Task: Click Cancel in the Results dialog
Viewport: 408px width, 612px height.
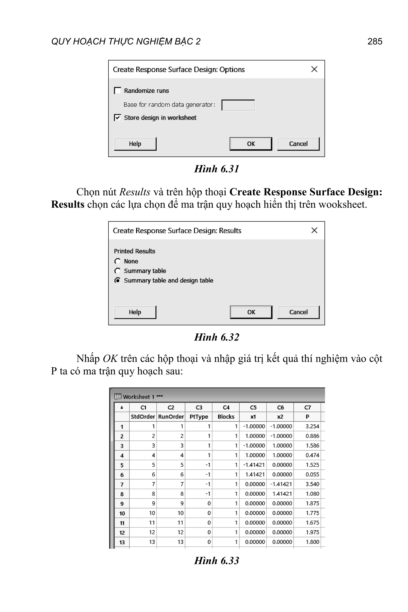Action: point(298,312)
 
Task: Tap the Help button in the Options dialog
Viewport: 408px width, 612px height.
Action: point(135,144)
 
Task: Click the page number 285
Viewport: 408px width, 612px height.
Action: point(375,41)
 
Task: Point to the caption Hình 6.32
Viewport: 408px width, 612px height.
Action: point(217,337)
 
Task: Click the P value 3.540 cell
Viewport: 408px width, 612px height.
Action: point(312,484)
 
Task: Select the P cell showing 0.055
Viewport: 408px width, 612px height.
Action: point(312,474)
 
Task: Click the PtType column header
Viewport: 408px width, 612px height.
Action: point(199,417)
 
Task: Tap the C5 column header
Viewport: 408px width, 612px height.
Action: point(253,407)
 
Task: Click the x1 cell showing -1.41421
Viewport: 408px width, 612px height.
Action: point(254,465)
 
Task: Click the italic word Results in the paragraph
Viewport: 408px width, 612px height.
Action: point(135,192)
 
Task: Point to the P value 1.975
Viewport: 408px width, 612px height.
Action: point(312,532)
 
